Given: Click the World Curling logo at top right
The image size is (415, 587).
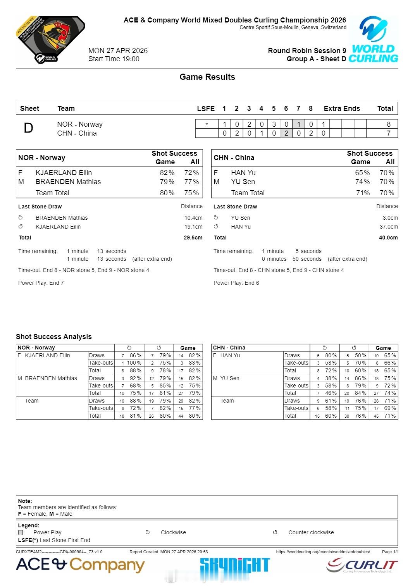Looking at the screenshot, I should click(x=373, y=40).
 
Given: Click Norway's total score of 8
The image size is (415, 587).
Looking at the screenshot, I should click(x=388, y=124).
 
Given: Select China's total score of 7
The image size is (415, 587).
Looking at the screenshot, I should click(x=388, y=133).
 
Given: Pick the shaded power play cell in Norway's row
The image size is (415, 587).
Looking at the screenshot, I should click(x=298, y=124).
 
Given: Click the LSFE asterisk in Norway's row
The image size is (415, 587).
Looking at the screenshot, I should click(x=207, y=124).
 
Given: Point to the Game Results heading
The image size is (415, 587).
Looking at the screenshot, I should click(x=207, y=77).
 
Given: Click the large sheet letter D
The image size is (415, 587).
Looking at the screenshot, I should click(x=28, y=128).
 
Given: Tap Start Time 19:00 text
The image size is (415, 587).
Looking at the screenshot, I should click(x=114, y=59).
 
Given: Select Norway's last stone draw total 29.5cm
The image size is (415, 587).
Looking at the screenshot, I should click(x=193, y=238).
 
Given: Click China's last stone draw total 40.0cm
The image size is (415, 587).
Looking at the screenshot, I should click(x=388, y=238).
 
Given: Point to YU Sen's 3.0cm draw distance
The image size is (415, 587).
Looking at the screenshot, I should click(x=390, y=218).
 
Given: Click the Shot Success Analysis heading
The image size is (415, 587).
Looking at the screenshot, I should click(x=54, y=337).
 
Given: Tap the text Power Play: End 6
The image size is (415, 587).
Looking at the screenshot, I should click(x=236, y=283).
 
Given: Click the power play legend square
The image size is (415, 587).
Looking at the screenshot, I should click(x=21, y=532).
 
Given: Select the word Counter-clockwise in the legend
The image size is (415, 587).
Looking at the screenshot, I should click(x=311, y=532).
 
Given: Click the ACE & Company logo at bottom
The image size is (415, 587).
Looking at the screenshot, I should click(x=80, y=565).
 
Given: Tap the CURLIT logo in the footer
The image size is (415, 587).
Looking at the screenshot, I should click(x=362, y=566).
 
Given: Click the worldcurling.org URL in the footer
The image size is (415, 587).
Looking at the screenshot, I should click(x=323, y=552).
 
